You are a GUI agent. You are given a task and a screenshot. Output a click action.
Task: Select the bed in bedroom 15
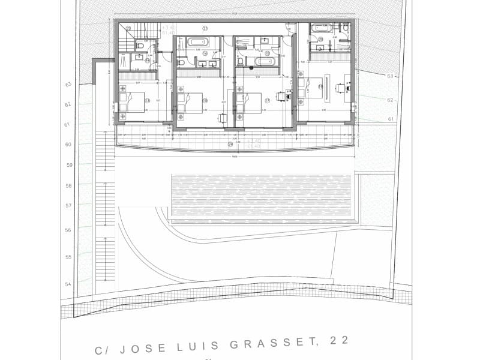click(191, 103)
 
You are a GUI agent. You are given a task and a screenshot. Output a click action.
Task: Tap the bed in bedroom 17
click(250, 103)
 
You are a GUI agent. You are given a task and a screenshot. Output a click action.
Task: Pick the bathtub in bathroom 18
click(264, 61)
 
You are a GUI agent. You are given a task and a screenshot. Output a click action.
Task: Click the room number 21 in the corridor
click(205, 28)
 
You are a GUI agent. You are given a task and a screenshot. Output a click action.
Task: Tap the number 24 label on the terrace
click(230, 144)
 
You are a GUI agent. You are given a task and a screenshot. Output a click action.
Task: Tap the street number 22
click(338, 341)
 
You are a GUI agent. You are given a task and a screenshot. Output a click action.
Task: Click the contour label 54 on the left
click(68, 284)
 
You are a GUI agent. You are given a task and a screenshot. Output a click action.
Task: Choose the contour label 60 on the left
click(68, 144)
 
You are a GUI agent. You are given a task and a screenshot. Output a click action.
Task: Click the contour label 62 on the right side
click(390, 100)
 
